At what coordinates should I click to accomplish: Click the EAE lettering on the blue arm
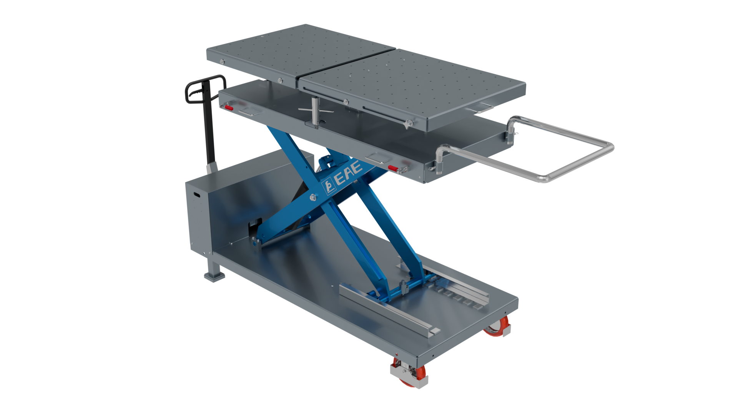pos(349,173)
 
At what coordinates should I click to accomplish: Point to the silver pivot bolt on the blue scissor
pos(313,198)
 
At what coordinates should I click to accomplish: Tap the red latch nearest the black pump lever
pos(228,107)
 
